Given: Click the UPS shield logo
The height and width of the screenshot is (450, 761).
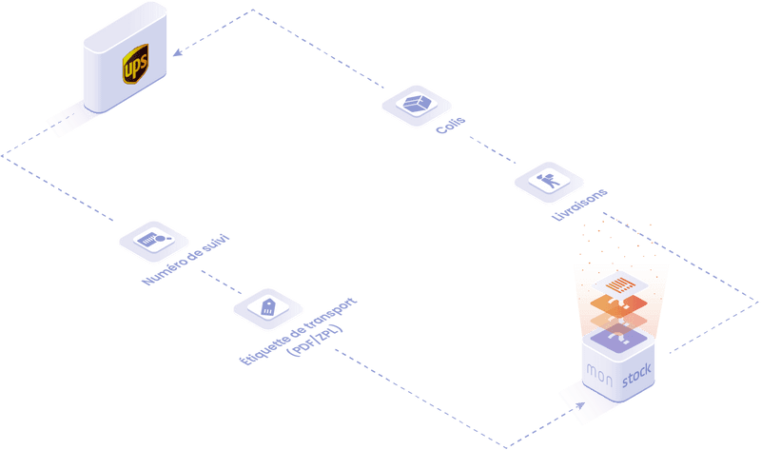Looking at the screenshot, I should click(135, 68).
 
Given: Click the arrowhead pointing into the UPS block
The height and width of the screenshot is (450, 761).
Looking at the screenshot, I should click(175, 54).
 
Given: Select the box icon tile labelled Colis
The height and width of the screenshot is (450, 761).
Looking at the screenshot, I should click(414, 104).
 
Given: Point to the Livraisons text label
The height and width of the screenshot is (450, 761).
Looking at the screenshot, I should click(579, 205).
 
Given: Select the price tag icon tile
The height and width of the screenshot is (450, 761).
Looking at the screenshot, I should click(267, 306).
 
